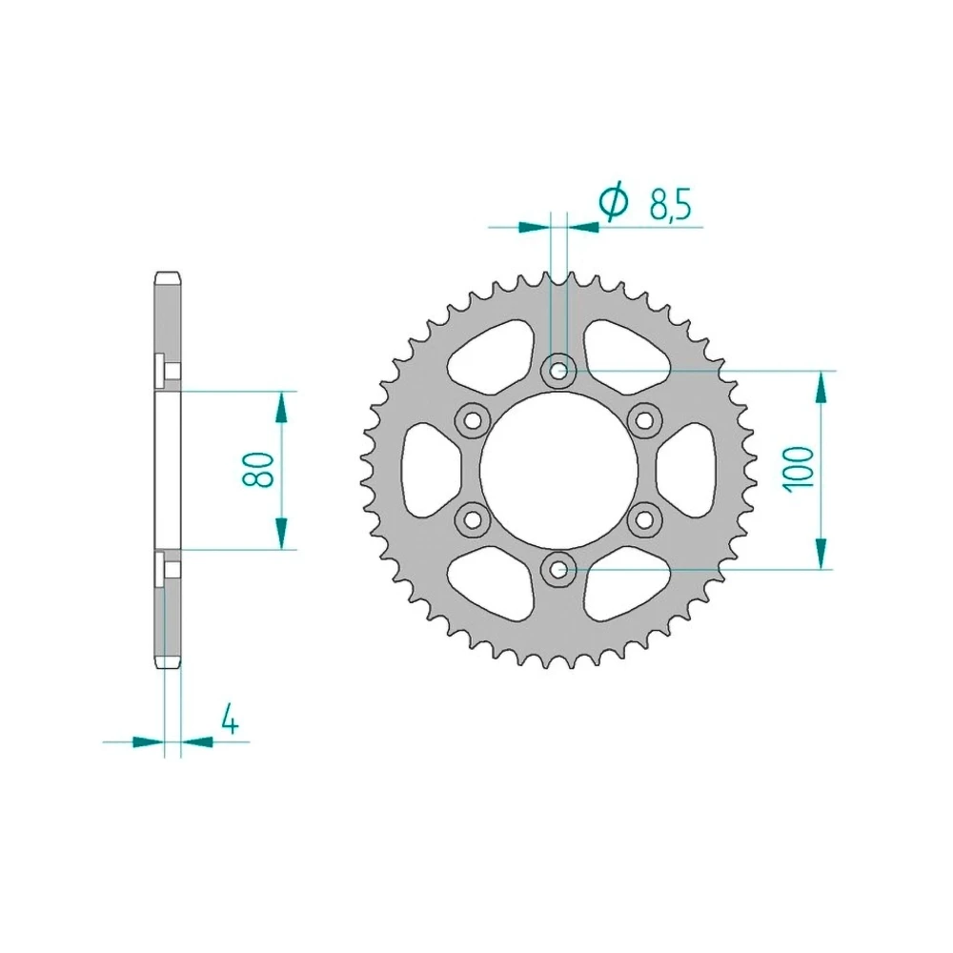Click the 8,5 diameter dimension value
point(670,204)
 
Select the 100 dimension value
point(799,469)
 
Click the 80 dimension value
point(258,469)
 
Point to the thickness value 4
point(230,719)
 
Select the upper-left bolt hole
point(473,419)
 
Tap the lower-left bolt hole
point(473,519)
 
